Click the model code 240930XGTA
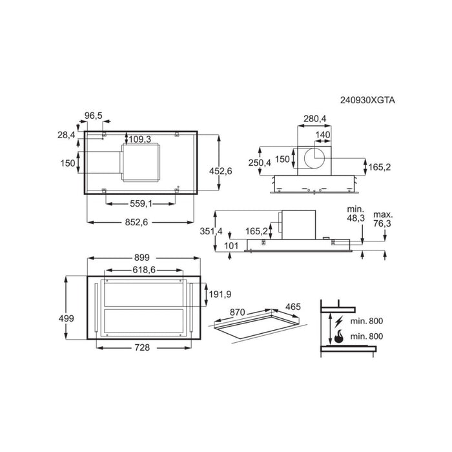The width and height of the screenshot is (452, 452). [x=367, y=100]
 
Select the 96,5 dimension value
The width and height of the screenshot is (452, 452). [x=94, y=116]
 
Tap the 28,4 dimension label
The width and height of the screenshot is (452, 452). [x=67, y=134]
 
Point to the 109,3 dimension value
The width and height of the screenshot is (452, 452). [x=140, y=139]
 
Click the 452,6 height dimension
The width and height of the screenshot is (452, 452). [x=221, y=171]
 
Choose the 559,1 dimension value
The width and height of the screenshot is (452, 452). [x=141, y=203]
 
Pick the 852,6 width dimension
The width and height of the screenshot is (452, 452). [x=136, y=222]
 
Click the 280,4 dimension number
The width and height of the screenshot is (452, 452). [x=315, y=118]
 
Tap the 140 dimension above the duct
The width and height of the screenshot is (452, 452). [x=323, y=134]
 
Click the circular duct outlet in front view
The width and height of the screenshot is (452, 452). [x=314, y=158]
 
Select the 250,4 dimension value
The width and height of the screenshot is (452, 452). [x=260, y=163]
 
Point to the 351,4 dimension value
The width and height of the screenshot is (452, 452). [x=211, y=231]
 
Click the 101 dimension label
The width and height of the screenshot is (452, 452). [x=231, y=245]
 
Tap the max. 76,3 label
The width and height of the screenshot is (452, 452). [x=383, y=219]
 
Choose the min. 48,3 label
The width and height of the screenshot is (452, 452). [x=356, y=214]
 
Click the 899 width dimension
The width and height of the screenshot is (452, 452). [x=142, y=257]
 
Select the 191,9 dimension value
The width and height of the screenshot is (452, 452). [x=220, y=294]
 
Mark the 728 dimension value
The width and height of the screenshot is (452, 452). [x=142, y=347]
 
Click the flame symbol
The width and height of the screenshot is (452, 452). [x=339, y=336]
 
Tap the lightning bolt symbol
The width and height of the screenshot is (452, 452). [x=339, y=322]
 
